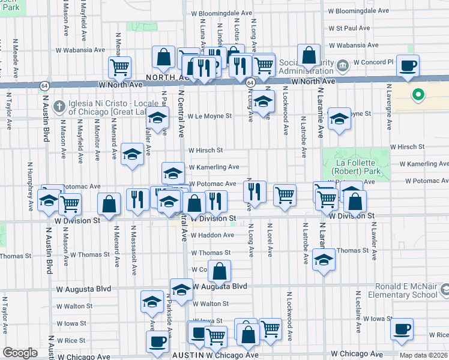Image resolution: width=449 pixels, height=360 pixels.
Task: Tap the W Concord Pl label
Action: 373,62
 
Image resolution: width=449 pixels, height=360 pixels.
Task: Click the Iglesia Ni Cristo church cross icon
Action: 58,106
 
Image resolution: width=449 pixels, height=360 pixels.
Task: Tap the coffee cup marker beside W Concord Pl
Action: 408,65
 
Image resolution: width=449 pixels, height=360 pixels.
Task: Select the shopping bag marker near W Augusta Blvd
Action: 220,271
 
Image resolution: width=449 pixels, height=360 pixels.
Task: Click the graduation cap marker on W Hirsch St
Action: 132,154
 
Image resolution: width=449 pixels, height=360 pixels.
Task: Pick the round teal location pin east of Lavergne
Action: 418,95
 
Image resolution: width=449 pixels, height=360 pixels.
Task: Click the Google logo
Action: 20,353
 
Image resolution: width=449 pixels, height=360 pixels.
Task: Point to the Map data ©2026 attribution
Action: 423,355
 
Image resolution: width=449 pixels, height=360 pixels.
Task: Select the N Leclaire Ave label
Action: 357,312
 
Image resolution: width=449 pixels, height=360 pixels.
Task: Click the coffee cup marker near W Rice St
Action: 402,329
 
